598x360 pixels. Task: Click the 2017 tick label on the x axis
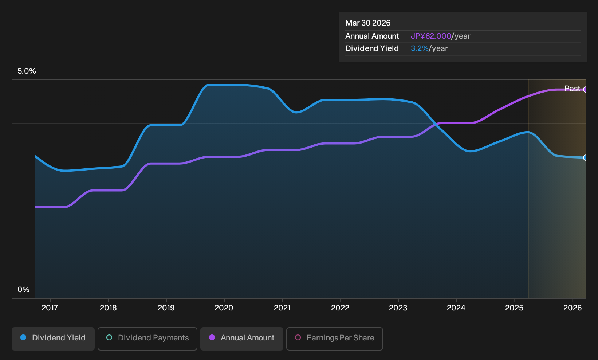50,308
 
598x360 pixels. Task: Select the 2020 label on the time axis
224,308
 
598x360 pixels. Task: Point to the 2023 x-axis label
398,308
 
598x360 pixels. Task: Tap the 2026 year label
573,308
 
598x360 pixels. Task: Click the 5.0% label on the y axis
27,71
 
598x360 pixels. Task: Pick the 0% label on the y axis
24,290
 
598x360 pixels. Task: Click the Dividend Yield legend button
53,339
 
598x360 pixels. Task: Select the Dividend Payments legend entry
147,339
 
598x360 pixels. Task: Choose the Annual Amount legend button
241,339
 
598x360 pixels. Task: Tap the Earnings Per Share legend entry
334,339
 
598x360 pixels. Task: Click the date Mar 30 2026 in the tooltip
368,23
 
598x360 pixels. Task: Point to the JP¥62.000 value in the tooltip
431,36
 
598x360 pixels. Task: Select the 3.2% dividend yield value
420,48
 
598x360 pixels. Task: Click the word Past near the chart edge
572,89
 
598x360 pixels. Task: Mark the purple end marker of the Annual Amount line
586,90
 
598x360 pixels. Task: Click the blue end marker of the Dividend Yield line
586,158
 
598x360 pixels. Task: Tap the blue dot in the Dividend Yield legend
24,337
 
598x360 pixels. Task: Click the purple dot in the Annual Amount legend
212,337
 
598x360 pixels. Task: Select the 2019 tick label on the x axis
166,308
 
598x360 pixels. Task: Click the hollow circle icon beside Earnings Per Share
298,337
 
